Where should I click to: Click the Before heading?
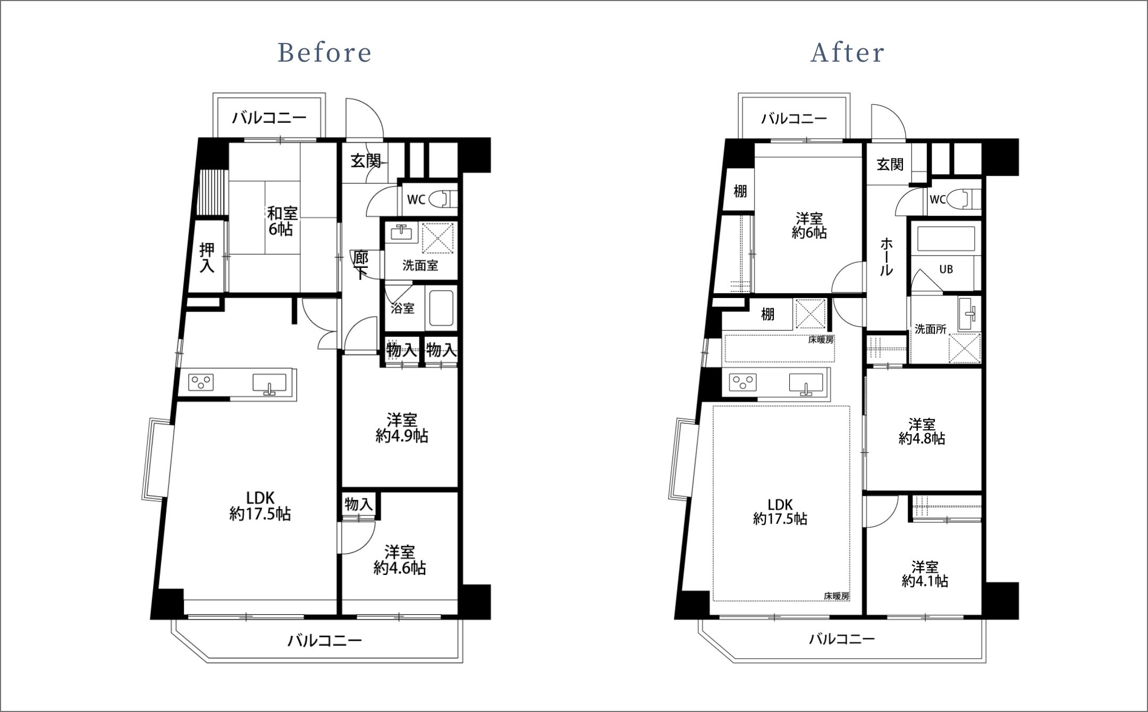[325, 53]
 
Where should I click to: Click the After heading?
[847, 53]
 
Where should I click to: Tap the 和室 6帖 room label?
[282, 221]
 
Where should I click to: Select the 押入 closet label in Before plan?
[207, 258]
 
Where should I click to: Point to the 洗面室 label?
[420, 265]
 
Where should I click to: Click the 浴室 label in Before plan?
[402, 308]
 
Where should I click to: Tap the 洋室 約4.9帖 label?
[402, 428]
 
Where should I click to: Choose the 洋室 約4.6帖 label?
[400, 560]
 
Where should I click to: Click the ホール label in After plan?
[886, 257]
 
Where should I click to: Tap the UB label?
[946, 269]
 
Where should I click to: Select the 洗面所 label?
[930, 329]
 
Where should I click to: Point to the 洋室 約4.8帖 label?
[922, 431]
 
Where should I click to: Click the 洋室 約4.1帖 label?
[925, 573]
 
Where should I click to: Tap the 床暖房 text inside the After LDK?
[837, 596]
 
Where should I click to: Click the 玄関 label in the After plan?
[890, 164]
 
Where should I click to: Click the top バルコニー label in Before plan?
[269, 117]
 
